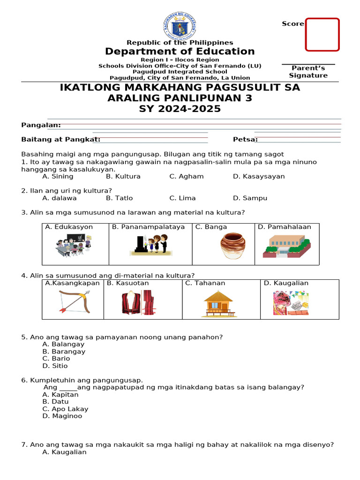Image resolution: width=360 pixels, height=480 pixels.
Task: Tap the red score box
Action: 322,34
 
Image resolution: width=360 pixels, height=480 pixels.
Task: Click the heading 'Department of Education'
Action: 180,52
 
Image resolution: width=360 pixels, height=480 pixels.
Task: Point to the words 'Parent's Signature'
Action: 308,72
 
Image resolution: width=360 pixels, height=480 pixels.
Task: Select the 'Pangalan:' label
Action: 41,125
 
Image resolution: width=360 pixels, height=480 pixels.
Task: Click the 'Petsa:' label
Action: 245,139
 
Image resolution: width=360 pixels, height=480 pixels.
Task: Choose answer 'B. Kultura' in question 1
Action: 123,177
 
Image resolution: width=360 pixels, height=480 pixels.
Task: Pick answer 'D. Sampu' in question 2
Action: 250,198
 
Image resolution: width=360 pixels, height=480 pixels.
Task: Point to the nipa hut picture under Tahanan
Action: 218,302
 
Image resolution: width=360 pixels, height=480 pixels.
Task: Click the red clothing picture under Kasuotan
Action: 137,302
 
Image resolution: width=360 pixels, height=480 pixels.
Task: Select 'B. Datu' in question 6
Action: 55,402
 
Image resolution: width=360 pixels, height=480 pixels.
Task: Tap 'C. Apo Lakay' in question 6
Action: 65,409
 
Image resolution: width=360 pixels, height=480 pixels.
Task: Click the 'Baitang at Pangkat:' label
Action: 60,139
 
